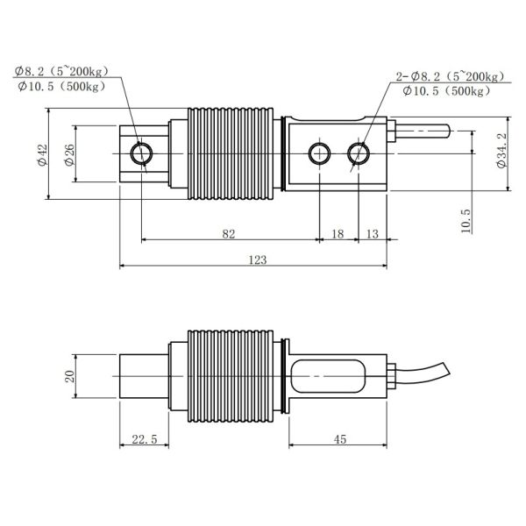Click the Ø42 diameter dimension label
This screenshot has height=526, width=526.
point(42,154)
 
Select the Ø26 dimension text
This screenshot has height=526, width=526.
point(69,154)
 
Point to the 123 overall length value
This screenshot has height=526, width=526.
point(258,259)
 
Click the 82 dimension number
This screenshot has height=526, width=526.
point(228,234)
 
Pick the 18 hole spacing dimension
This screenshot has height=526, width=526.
point(338,234)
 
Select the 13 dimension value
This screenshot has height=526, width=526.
point(373,234)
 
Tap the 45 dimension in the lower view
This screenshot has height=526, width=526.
point(338,440)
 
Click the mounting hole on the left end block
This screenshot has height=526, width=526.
point(141,153)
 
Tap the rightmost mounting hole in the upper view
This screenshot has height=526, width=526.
point(357,154)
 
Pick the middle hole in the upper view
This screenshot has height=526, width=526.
point(319,154)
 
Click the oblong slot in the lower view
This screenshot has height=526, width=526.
point(331,376)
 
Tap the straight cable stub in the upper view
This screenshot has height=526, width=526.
point(424,132)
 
